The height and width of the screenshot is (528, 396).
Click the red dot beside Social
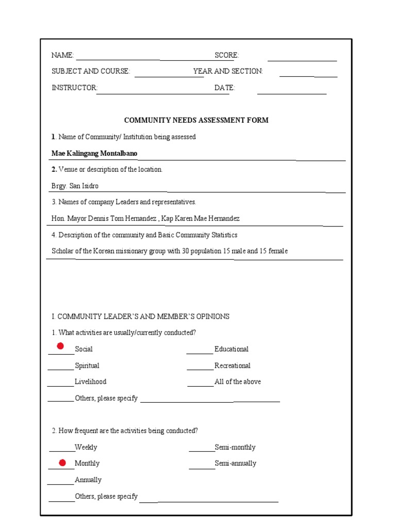coord(60,345)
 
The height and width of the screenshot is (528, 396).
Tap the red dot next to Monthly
coord(62,463)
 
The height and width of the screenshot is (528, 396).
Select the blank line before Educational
coord(200,353)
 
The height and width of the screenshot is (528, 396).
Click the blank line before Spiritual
coord(61,369)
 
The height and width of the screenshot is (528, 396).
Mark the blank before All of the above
coord(200,385)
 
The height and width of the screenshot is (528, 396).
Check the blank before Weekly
coord(62,451)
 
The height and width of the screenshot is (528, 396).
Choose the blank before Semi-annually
coord(202,467)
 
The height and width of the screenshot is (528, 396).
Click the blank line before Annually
coord(61,484)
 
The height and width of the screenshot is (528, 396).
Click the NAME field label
coord(63,55)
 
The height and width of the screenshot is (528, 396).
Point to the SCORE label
coord(227,55)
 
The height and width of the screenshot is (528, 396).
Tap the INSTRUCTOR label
coord(74,88)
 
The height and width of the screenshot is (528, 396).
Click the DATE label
coord(225,88)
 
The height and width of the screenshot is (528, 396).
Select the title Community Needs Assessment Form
coord(196,120)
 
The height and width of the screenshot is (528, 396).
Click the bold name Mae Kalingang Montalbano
coord(94,153)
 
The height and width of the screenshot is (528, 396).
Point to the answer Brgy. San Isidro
coord(75,186)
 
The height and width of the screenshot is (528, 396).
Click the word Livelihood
coord(91,382)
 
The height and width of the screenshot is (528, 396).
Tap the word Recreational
coord(233,366)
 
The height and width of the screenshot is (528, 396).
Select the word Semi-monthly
coord(235,447)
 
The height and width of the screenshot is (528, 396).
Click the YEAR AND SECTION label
coord(228,71)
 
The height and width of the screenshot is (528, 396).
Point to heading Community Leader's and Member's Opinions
coord(140,316)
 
